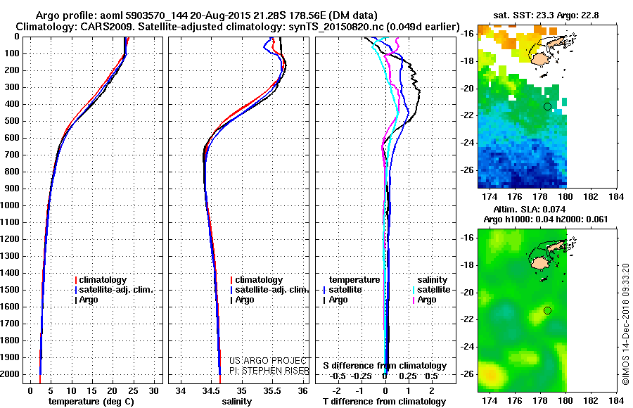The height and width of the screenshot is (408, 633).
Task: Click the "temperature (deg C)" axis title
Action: click(90, 402)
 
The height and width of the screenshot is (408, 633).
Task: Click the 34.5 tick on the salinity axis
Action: click(211, 390)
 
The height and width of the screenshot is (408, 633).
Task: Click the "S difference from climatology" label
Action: click(385, 366)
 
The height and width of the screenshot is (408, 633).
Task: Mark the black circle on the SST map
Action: click(547, 106)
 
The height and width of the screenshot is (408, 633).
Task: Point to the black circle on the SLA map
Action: click(547, 310)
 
